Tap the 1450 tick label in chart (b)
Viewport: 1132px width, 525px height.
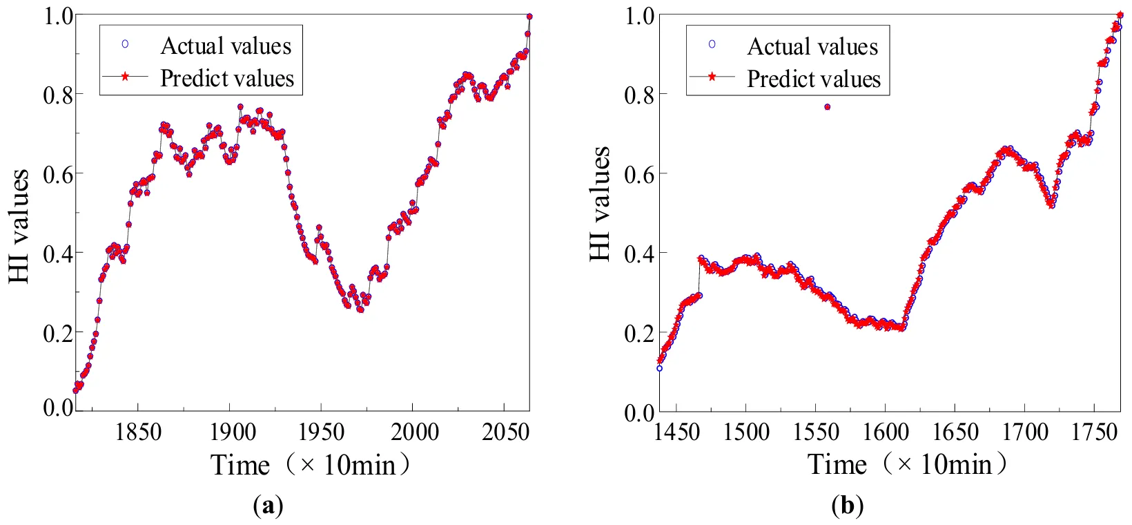click(677, 433)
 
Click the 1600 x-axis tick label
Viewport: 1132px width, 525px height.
click(886, 433)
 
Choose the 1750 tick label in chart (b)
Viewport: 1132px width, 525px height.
click(1095, 433)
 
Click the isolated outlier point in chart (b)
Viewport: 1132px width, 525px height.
click(827, 106)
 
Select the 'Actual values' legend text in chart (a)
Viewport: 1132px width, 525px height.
click(226, 46)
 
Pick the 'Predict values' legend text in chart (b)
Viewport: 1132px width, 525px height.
click(814, 79)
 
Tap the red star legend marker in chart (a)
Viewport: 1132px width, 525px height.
click(125, 77)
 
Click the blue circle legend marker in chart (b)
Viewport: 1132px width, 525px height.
click(712, 44)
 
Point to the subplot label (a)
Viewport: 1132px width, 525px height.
click(269, 507)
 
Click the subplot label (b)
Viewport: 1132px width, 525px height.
click(848, 507)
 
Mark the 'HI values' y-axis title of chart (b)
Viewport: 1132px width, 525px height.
click(600, 204)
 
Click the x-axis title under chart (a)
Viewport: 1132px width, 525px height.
click(310, 465)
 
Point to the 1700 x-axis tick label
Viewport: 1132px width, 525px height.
click(1025, 433)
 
